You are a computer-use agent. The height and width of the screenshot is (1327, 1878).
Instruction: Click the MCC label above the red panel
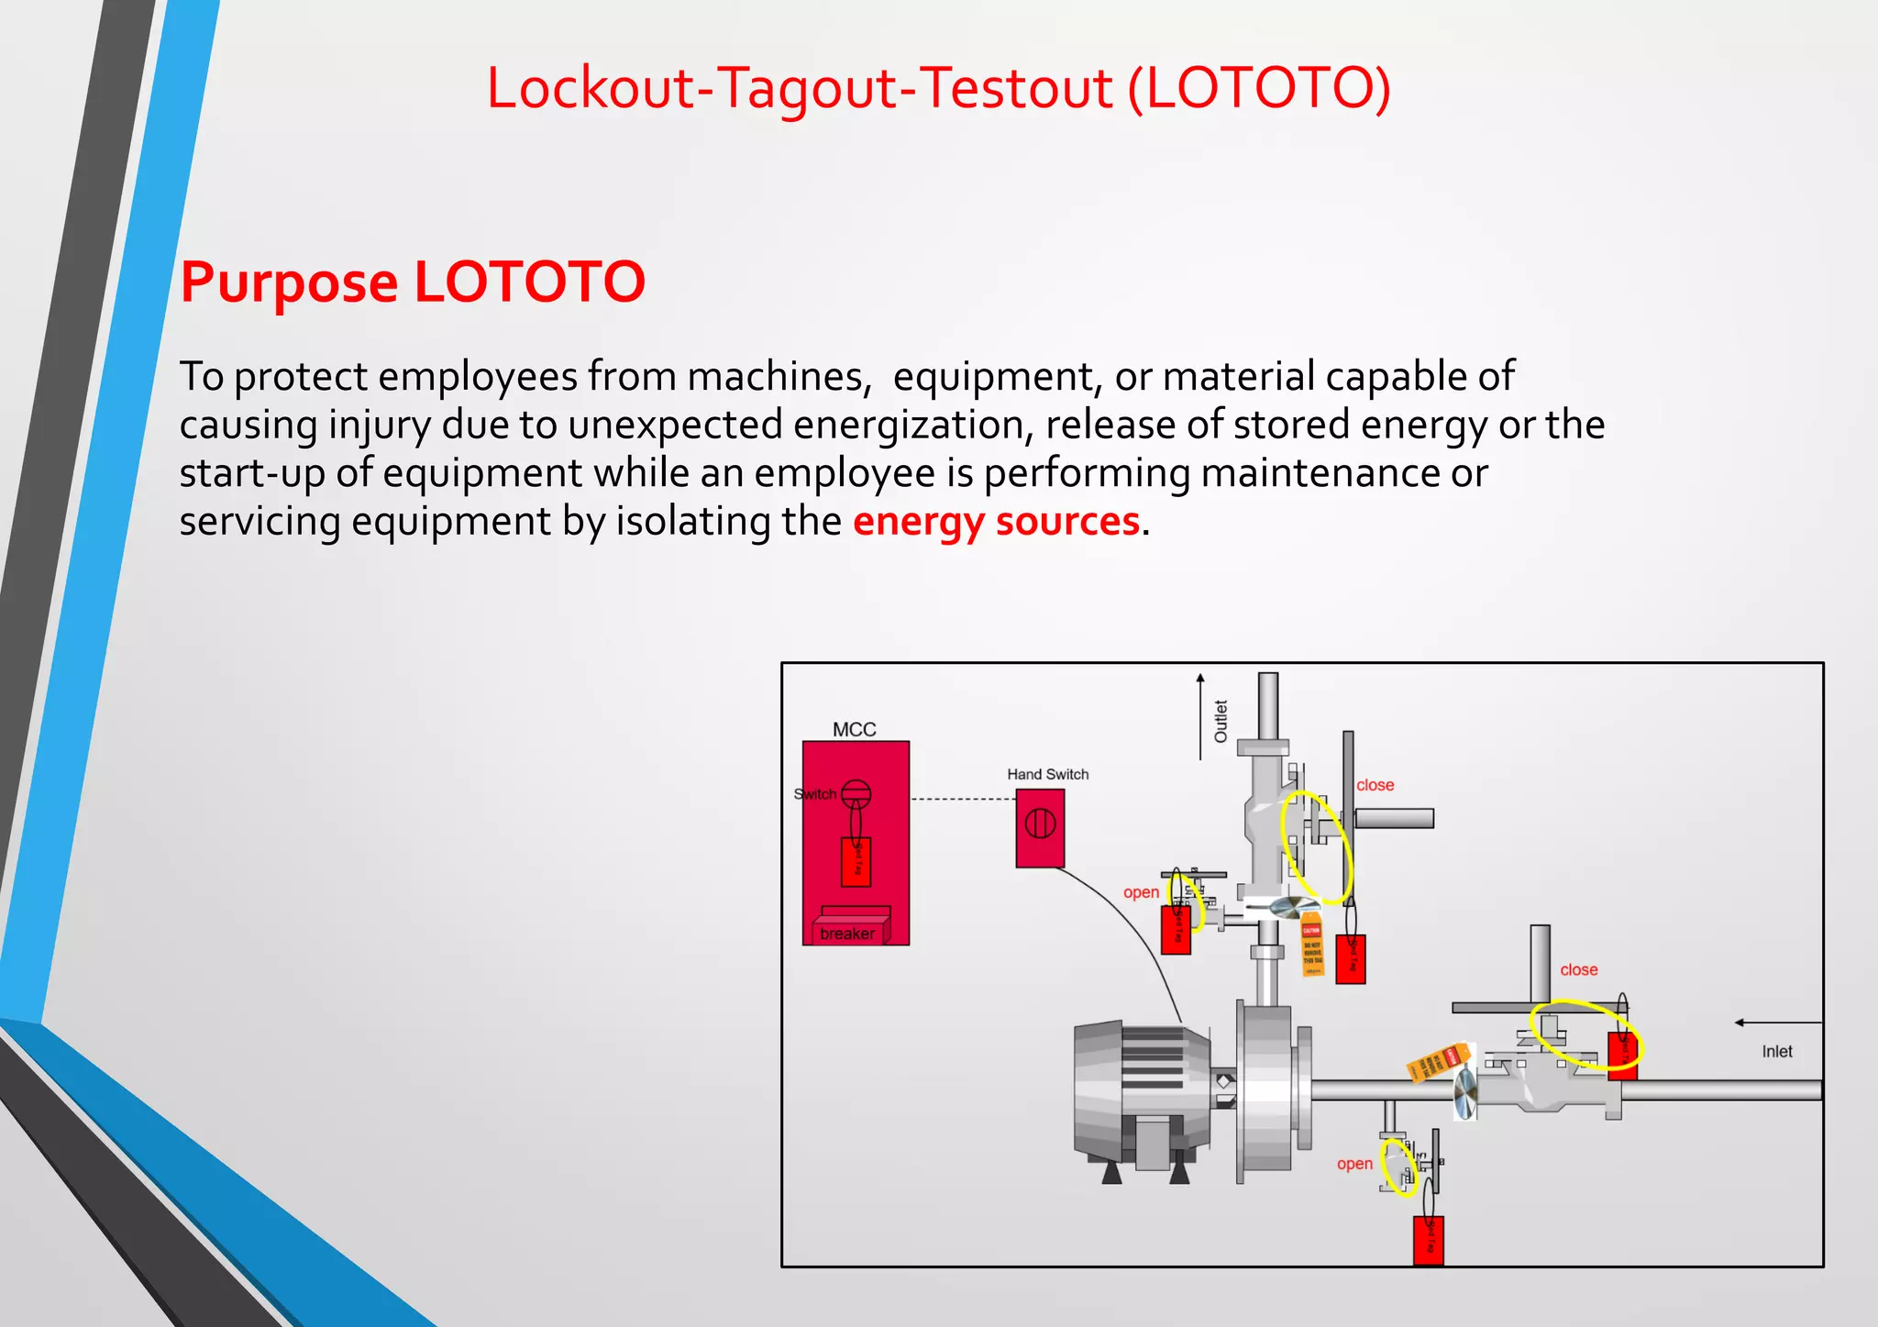coord(854,729)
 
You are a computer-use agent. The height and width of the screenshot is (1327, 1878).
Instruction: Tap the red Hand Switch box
coord(1040,828)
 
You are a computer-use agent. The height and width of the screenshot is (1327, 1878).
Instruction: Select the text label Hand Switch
coord(1047,774)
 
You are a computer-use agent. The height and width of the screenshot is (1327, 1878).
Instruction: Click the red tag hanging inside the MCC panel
coord(856,862)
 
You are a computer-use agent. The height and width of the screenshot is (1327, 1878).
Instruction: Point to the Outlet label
coord(1221,721)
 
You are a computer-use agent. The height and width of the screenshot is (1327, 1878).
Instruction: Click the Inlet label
coord(1776,1051)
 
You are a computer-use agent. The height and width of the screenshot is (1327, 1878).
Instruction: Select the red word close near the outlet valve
coord(1375,785)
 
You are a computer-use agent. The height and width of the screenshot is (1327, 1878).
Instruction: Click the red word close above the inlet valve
coord(1578,969)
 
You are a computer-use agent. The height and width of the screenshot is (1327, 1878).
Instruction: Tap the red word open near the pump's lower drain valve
coord(1354,1164)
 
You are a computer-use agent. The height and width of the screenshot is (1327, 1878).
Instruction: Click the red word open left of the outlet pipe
coord(1141,892)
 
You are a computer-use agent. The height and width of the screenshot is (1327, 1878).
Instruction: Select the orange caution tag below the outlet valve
coord(1312,945)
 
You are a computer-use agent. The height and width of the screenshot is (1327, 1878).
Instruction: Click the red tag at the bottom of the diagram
coord(1428,1240)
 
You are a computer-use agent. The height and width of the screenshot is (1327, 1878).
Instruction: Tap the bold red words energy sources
coord(996,521)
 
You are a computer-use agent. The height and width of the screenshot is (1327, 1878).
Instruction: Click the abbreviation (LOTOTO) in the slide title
coord(1258,88)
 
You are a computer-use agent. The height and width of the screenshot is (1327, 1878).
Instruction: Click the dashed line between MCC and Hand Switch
coord(962,800)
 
